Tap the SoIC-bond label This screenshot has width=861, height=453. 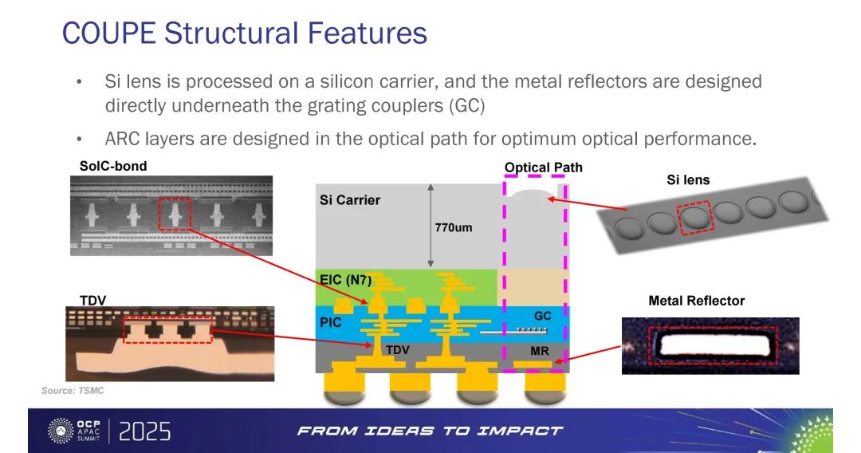click(113, 167)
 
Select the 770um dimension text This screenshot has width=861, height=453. click(454, 227)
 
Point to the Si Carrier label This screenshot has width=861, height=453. click(350, 200)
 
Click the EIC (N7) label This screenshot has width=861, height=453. click(345, 280)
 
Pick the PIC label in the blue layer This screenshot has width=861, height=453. click(331, 322)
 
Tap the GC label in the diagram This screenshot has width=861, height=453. click(543, 316)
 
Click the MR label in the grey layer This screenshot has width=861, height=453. click(539, 351)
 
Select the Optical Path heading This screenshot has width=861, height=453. click(544, 167)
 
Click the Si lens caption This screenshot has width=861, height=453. click(688, 180)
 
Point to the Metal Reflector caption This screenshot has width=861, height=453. click(696, 301)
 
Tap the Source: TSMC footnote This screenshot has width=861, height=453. click(73, 391)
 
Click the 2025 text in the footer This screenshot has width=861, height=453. click(145, 431)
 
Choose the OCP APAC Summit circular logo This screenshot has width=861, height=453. click(60, 431)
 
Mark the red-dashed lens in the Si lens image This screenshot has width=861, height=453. click(694, 219)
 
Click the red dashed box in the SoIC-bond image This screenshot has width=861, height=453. click(175, 214)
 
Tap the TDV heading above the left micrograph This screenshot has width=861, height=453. click(92, 301)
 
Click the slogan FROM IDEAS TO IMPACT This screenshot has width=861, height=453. click(430, 431)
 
